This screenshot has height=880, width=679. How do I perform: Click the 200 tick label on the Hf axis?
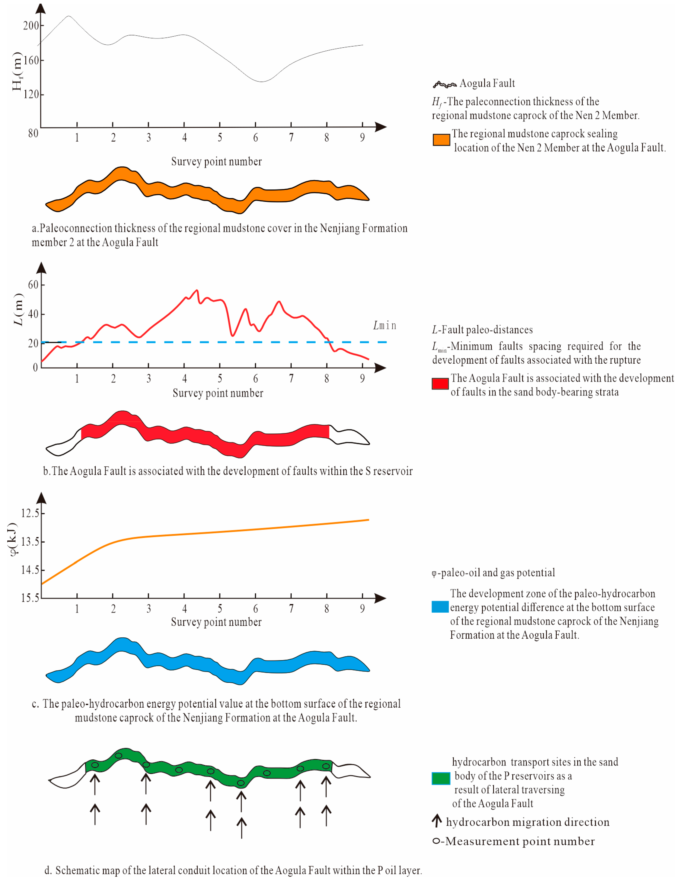tap(31, 26)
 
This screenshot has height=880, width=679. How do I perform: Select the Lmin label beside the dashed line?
tap(385, 326)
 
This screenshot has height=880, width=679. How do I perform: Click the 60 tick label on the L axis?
tap(33, 285)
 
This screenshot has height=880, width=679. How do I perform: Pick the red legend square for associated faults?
tap(440, 384)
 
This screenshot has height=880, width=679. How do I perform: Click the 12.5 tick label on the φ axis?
tap(30, 513)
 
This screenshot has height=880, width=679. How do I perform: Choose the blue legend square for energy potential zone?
tap(440, 607)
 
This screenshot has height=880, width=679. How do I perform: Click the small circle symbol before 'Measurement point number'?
tap(436, 841)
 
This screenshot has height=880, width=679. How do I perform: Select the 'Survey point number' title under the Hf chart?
tap(216, 162)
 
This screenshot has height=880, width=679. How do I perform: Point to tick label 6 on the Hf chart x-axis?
tap(255, 138)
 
